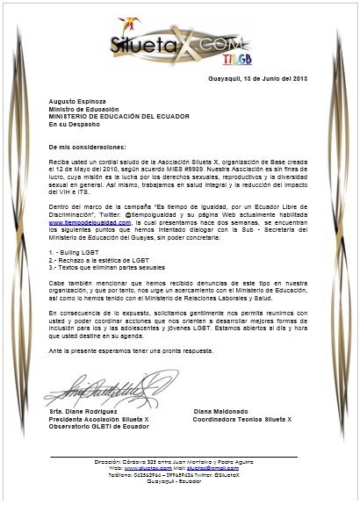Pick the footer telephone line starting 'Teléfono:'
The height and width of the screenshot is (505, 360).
(x=180, y=475)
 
